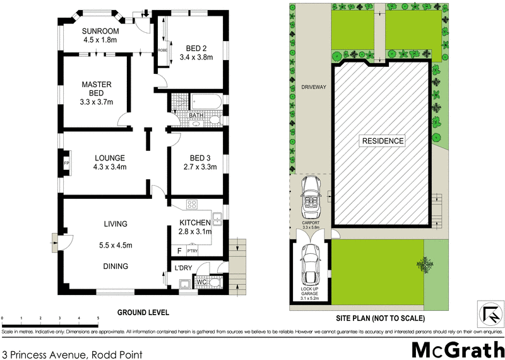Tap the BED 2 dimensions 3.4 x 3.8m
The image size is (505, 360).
pyautogui.click(x=196, y=57)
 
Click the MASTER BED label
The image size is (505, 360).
pyautogui.click(x=97, y=89)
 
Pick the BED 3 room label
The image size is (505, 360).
pyautogui.click(x=194, y=158)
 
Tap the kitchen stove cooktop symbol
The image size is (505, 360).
pyautogui.click(x=193, y=205)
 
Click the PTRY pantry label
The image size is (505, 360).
pyautogui.click(x=193, y=251)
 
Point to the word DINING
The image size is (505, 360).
pyautogui.click(x=116, y=266)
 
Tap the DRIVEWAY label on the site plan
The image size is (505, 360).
pyautogui.click(x=313, y=88)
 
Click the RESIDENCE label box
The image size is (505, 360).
pyautogui.click(x=382, y=141)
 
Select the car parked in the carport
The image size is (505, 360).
pyautogui.click(x=311, y=195)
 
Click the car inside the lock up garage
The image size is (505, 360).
pyautogui.click(x=310, y=265)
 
